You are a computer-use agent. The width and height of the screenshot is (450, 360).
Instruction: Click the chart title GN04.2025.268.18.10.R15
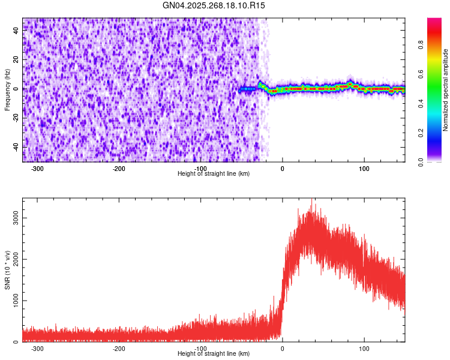coord(214,5)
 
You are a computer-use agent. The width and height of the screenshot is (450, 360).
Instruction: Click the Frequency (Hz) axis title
coord(7,89)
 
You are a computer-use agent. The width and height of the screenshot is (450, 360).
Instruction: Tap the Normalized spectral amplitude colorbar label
coord(445,90)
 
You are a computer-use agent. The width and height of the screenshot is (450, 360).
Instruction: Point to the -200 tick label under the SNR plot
coord(119,349)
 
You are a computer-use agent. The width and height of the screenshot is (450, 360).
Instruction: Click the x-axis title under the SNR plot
coord(214,353)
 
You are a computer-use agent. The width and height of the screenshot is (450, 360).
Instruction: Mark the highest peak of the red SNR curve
coord(312,203)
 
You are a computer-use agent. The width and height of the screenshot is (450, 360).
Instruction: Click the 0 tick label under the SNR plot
coord(282,349)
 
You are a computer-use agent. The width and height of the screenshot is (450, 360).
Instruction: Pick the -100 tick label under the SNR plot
coord(200,349)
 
